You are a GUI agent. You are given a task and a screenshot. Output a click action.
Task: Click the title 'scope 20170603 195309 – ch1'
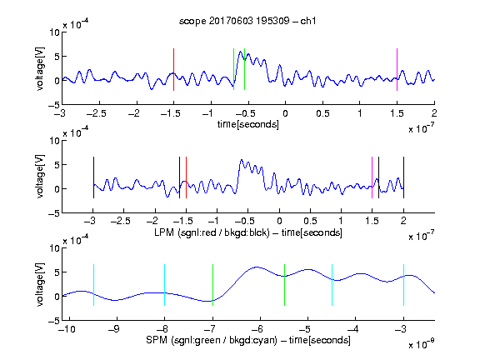[x=247, y=21]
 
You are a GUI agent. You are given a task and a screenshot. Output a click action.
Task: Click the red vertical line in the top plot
[x=174, y=69]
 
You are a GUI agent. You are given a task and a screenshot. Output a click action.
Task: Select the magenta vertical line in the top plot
[x=397, y=69]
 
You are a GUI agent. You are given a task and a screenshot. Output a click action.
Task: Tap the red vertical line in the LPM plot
[x=186, y=177]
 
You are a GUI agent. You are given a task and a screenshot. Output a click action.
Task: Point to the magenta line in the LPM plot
[x=372, y=177]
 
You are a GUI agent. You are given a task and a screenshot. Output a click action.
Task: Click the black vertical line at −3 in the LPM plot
[x=93, y=177]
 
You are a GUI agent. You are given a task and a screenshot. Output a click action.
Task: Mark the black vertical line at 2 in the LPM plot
[x=404, y=177]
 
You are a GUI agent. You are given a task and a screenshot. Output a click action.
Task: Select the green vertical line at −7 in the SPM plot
[x=212, y=285]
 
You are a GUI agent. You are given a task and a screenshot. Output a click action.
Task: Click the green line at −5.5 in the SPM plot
[x=285, y=285]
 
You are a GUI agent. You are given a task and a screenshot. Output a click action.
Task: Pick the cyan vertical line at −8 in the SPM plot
[x=165, y=285]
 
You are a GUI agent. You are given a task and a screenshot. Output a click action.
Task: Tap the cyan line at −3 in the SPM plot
[x=404, y=285]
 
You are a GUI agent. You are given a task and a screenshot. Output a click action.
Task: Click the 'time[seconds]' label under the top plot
[x=248, y=124]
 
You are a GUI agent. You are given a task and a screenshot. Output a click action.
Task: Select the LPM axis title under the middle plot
[x=248, y=232]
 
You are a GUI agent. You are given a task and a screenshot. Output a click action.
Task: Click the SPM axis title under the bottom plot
[x=248, y=340]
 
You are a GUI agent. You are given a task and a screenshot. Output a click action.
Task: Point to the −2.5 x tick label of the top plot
[x=97, y=113]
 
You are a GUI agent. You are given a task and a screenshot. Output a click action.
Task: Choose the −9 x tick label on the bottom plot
[x=114, y=329]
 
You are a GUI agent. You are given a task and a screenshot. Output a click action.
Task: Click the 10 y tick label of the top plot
[x=55, y=32]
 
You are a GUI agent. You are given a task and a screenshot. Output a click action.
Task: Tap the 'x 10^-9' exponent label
[x=421, y=343]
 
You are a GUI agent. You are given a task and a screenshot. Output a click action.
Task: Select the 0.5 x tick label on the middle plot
[x=310, y=222]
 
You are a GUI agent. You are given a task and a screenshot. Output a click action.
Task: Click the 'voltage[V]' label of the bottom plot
[x=40, y=284]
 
